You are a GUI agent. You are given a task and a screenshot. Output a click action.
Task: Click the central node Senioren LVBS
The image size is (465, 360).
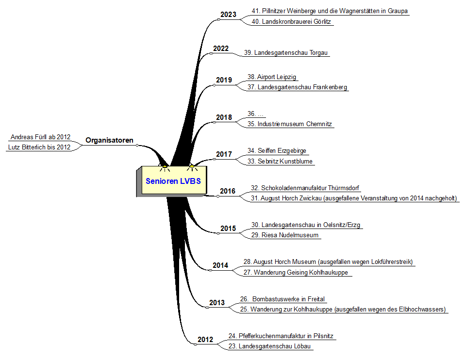tap(173, 181)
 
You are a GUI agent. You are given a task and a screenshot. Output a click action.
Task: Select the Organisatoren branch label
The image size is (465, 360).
tap(109, 140)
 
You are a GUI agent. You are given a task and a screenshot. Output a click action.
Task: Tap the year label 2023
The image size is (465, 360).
tap(228, 15)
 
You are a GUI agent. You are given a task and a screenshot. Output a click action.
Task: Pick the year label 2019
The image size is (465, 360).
tap(224, 80)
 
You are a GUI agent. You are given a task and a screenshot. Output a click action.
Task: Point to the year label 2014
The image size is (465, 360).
tap(220, 265)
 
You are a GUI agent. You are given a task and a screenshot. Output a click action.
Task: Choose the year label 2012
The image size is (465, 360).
tap(205, 340)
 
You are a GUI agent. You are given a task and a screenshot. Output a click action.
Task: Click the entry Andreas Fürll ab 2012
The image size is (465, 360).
tap(40, 137)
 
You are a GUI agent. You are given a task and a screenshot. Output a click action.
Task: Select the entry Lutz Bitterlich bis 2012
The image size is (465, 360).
tap(39, 147)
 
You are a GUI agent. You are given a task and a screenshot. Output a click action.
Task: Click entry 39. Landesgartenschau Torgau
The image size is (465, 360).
tap(287, 52)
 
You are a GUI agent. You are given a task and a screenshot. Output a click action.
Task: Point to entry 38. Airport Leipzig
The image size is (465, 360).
tap(272, 77)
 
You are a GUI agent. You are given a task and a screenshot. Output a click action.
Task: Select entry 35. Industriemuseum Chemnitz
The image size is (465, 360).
tap(290, 124)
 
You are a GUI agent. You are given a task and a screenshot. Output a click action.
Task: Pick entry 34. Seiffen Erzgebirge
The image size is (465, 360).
tap(277, 150)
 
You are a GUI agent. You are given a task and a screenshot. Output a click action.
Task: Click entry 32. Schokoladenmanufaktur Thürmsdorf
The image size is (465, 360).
tap(305, 188)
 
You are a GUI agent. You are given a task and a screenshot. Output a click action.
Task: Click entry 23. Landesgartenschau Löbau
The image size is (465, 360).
tap(269, 346)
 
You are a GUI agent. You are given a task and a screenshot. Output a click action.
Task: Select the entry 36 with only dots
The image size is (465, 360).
tap(255, 114)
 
